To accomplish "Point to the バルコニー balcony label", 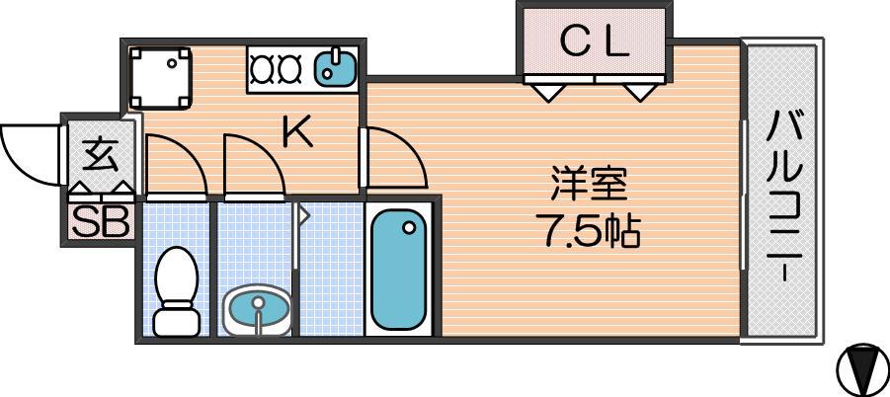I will pos(785,197).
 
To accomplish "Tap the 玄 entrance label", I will pos(99,155).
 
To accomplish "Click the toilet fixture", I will pos(176,291).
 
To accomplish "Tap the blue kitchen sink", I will pos(336,68).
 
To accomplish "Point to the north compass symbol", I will pos(861,370).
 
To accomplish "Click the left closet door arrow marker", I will pos(546,92).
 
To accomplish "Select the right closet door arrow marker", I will pos(639,92).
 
